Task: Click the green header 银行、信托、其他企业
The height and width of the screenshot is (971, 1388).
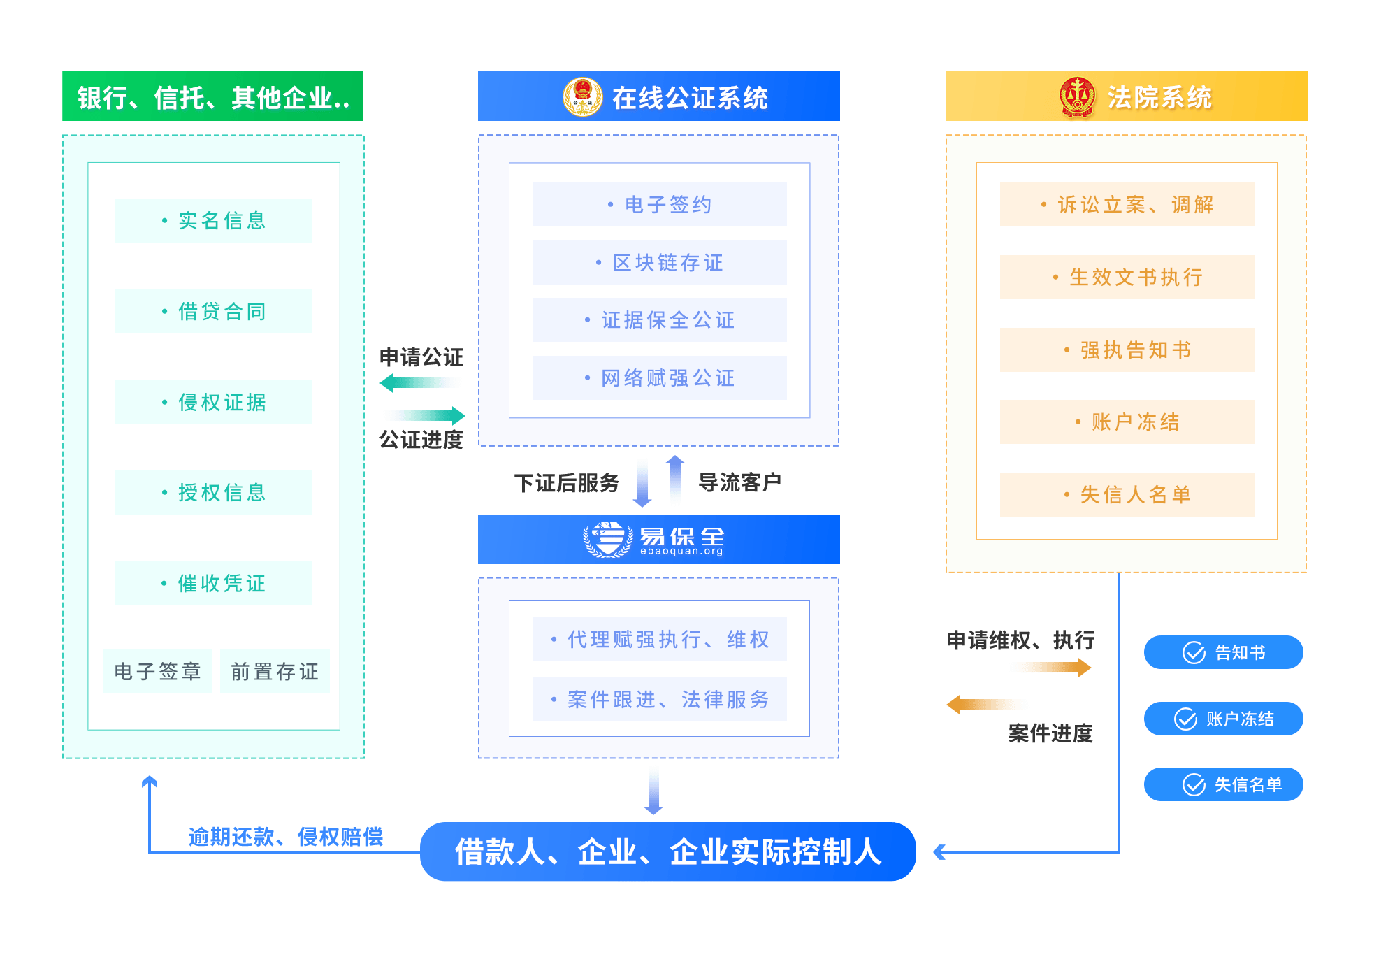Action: (x=212, y=96)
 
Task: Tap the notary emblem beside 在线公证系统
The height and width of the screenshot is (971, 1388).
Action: (x=582, y=97)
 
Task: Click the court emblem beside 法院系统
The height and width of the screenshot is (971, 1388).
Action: (x=1077, y=97)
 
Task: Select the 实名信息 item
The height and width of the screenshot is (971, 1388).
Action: (x=213, y=220)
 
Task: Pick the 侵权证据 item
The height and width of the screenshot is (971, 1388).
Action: (x=213, y=402)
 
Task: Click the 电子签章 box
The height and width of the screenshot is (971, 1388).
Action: (x=157, y=671)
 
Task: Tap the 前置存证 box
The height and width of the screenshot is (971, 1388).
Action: (x=275, y=671)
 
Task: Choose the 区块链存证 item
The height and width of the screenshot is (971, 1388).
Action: (x=659, y=262)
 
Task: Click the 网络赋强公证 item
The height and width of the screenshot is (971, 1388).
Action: (x=659, y=377)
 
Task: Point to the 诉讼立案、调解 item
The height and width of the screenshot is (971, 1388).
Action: (x=1127, y=204)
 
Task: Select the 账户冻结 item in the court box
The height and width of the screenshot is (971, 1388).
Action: (x=1127, y=422)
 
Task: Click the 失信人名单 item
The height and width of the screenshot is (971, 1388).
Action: (x=1127, y=494)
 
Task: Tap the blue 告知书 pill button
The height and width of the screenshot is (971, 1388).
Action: (x=1223, y=652)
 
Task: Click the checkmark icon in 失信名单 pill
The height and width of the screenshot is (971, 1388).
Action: (x=1194, y=784)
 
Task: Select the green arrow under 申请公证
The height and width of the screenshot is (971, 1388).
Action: (x=420, y=382)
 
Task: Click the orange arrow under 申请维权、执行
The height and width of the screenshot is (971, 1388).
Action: (x=1050, y=668)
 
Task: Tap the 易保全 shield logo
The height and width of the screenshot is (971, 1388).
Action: (x=607, y=539)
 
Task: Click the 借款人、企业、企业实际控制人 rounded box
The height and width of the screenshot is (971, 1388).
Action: (x=667, y=851)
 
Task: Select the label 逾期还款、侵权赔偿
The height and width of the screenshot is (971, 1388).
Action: (x=285, y=836)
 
